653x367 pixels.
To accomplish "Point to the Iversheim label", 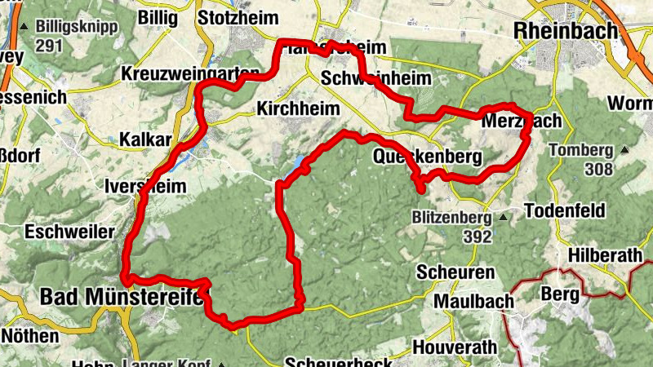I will point(145,185).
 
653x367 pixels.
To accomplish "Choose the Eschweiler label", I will point(69,232).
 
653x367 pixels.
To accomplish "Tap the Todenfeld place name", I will point(566,211).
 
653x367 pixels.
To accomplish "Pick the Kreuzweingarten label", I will point(189,73).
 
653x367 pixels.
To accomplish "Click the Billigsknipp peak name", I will point(77,26).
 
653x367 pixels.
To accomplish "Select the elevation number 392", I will point(477,237).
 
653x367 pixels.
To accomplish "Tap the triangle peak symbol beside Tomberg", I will point(624,150).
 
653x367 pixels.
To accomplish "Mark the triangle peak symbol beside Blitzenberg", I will point(504,218).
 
